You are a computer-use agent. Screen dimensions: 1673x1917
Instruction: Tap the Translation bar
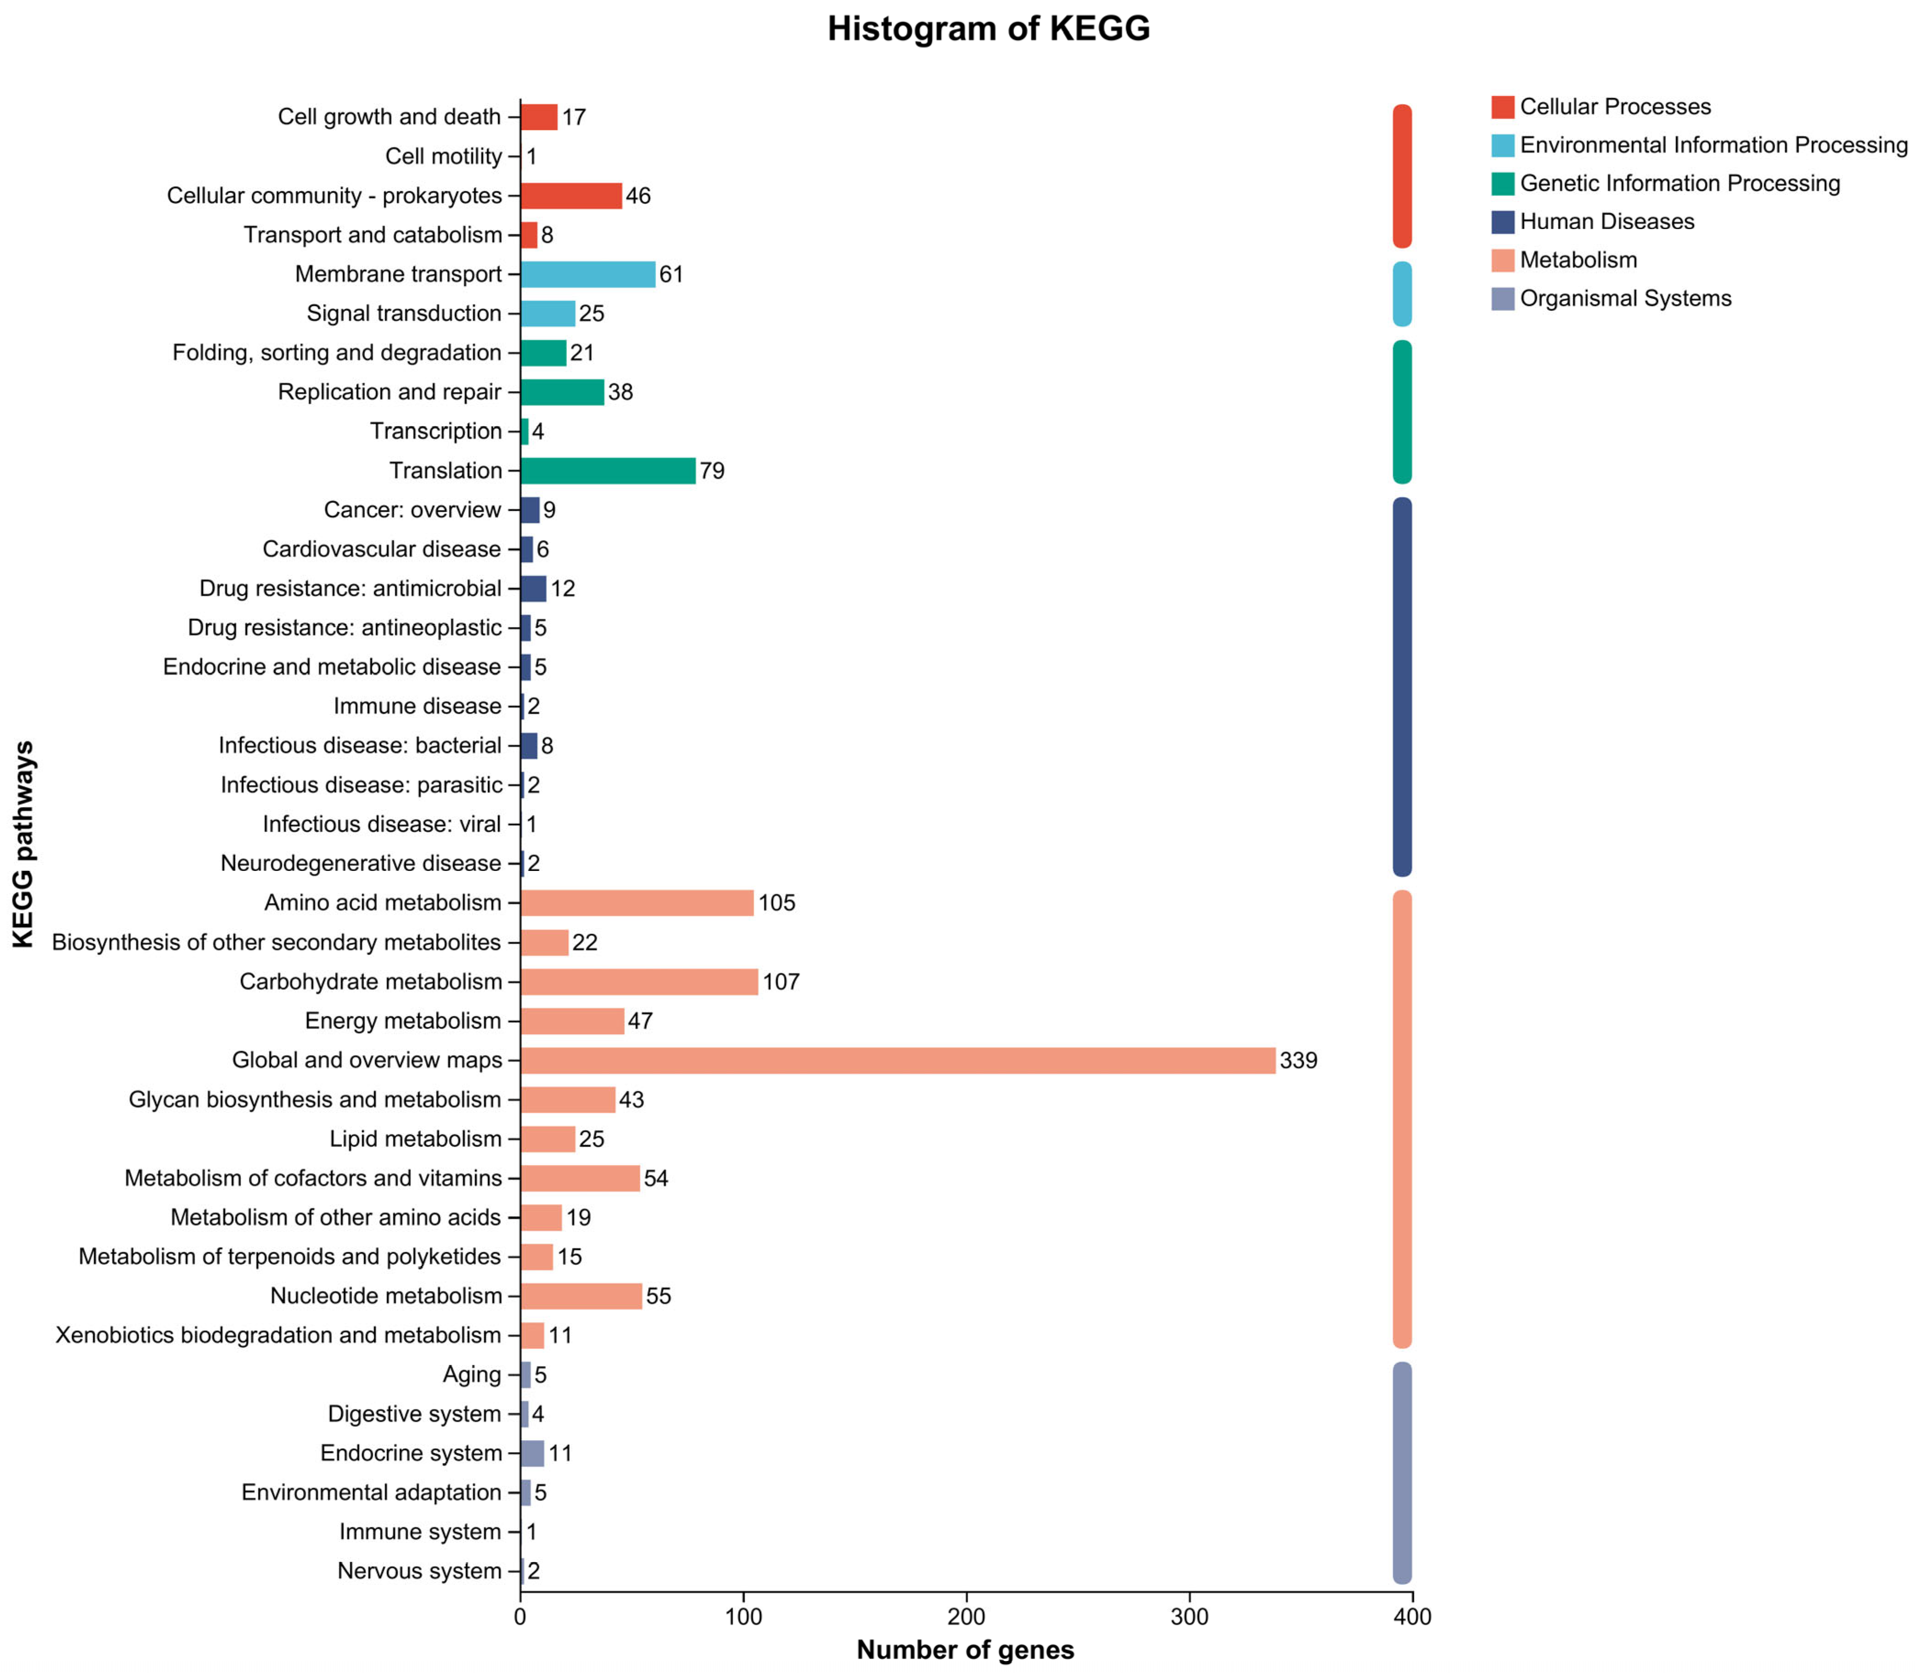(608, 471)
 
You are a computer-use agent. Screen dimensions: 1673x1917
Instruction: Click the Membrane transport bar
(588, 275)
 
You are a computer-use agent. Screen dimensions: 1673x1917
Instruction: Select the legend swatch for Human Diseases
(1502, 222)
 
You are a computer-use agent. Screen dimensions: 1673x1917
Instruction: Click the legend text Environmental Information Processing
(1714, 146)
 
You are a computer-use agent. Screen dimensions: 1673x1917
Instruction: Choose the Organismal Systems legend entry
(1625, 299)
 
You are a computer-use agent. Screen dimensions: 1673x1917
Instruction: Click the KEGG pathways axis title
(24, 845)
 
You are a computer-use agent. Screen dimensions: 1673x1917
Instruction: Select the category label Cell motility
(443, 157)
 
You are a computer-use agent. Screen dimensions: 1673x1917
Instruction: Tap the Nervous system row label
(419, 1571)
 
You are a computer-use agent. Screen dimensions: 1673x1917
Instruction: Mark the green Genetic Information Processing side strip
(1402, 412)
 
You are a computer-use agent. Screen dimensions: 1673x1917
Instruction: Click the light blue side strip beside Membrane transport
(1402, 294)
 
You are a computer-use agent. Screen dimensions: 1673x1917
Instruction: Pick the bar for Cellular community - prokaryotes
(571, 196)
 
